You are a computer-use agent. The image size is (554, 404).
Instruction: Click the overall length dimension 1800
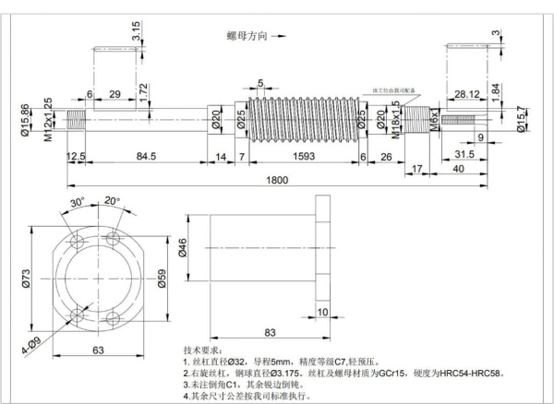(274, 178)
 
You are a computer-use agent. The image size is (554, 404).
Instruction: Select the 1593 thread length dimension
(294, 157)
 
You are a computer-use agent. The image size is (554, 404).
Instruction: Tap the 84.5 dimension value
(146, 157)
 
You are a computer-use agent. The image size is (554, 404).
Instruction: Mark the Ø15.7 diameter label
(523, 120)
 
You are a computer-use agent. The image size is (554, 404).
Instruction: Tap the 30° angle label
(78, 203)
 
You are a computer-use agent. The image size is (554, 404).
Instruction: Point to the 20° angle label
(112, 200)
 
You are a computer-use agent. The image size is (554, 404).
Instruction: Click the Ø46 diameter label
(183, 248)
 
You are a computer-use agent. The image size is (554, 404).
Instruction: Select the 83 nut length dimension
(271, 332)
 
